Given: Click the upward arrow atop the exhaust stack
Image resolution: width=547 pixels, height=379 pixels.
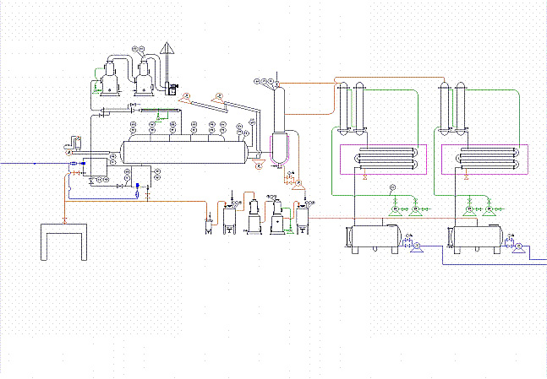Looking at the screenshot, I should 167,48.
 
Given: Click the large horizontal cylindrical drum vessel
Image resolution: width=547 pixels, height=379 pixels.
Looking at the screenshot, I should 185,151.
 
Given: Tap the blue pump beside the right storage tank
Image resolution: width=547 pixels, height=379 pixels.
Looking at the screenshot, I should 518,246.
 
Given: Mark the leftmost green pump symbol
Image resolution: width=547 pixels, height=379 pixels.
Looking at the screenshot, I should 395,209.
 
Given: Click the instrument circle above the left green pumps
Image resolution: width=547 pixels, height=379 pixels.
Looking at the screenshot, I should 391,187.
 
